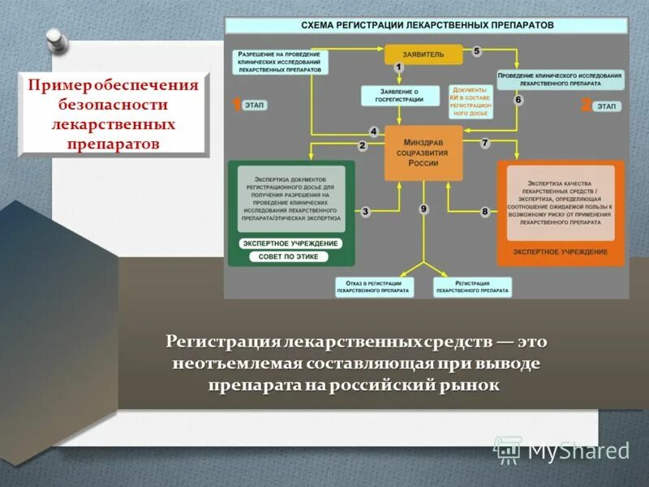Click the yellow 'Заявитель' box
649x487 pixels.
point(423,54)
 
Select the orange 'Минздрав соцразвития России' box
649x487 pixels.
point(423,153)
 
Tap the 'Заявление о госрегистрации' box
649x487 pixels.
point(399,96)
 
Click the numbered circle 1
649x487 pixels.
point(398,67)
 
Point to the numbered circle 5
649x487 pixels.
point(477,51)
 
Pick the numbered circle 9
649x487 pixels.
point(423,209)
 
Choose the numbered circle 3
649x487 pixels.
point(366,212)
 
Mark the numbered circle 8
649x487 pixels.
point(485,212)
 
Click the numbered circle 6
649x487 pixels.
point(518,100)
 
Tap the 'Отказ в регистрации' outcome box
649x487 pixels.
point(375,286)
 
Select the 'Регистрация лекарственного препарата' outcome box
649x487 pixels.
point(472,286)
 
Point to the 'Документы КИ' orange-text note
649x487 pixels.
point(471,101)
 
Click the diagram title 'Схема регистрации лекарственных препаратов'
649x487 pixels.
point(427,26)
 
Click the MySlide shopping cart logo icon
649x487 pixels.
point(508,450)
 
